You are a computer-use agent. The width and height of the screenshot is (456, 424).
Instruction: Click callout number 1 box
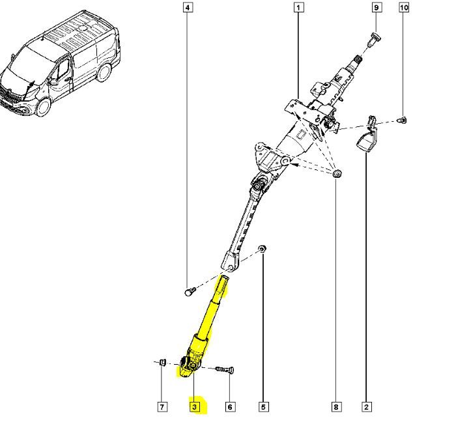pos(298,8)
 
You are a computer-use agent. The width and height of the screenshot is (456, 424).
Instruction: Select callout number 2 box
pos(367,407)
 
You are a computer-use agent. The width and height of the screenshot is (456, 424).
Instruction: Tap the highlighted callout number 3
pos(195,407)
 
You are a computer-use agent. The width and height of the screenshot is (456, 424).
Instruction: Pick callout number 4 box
pos(188,8)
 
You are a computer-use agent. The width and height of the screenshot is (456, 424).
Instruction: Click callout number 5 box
pos(263,407)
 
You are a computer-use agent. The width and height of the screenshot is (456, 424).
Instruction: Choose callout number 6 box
pos(230,407)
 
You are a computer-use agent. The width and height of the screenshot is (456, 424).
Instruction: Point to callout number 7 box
pos(162,407)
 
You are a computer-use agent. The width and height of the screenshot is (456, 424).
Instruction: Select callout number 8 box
pos(336,407)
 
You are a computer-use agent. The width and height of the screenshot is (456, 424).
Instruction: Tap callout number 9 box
pos(376,8)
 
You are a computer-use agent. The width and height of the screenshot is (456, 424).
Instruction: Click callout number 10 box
pos(403,8)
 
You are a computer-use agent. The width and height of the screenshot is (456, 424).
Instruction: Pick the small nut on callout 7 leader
pos(162,362)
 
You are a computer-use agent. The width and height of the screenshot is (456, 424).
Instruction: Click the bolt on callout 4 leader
pos(188,291)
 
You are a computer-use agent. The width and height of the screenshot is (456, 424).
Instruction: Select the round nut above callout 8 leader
pos(336,173)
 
